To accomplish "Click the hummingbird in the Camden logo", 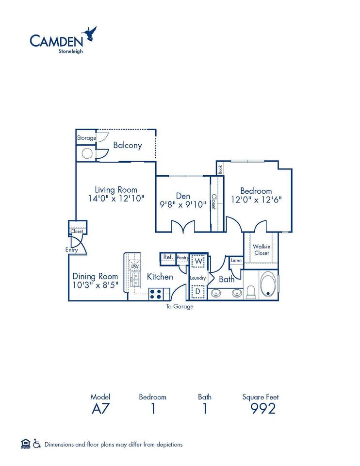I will [x=91, y=33].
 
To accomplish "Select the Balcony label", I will [x=128, y=145].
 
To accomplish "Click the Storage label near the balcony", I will [x=86, y=138].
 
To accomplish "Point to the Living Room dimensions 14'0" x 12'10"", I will [x=116, y=199].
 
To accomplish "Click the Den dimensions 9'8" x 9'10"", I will [x=183, y=204].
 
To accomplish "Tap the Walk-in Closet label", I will [x=261, y=250].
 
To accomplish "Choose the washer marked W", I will [x=197, y=262].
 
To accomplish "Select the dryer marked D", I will [x=197, y=292].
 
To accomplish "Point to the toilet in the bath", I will [x=251, y=291].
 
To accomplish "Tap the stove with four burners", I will [x=156, y=293].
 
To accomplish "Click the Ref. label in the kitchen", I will [x=168, y=257].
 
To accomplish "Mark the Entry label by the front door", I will [x=72, y=250].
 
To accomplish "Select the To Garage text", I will [x=180, y=306].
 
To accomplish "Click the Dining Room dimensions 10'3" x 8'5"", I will [x=95, y=285].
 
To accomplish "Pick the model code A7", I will [x=100, y=408].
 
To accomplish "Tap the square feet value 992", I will [x=262, y=408].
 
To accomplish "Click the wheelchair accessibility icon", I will [x=37, y=444].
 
